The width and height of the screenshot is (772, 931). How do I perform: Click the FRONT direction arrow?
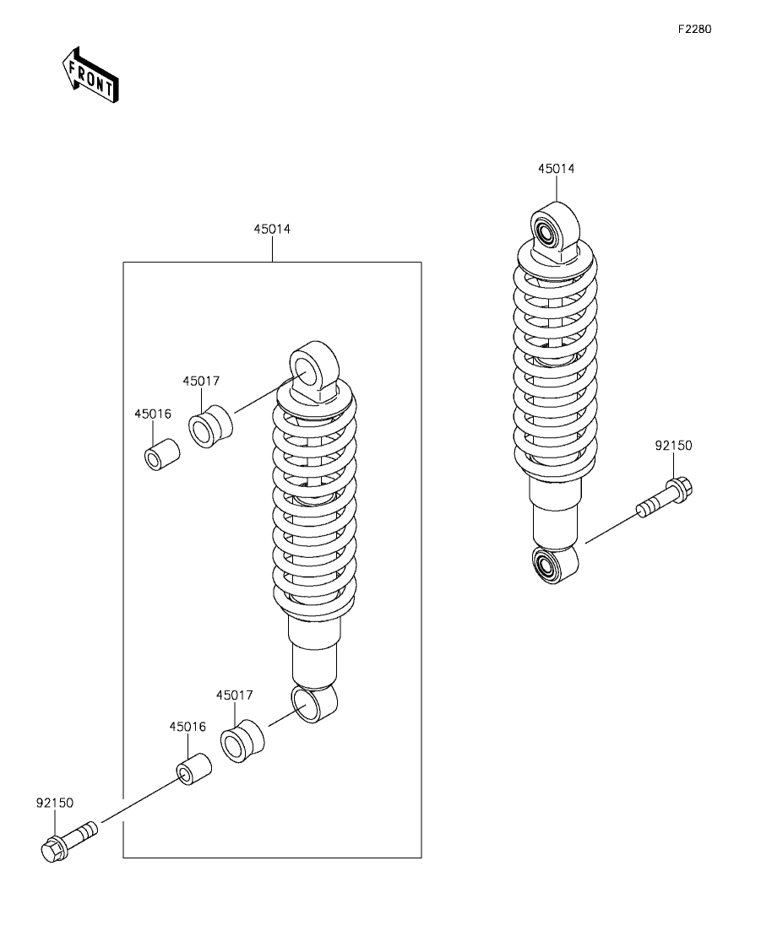(90, 75)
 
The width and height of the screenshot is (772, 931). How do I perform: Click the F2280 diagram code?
(694, 29)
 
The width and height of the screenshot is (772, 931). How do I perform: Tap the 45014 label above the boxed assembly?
(272, 229)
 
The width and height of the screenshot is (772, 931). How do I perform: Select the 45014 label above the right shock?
(556, 169)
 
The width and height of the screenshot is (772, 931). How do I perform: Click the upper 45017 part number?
(201, 381)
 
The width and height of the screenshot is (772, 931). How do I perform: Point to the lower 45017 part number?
(234, 695)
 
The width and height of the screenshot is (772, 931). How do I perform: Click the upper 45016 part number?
(153, 414)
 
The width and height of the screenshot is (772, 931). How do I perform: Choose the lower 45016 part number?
(188, 726)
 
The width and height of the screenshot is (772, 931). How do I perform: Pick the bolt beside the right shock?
(664, 498)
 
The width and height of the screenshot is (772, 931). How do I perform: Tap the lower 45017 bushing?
(242, 741)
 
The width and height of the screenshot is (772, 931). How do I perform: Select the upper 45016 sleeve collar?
(160, 452)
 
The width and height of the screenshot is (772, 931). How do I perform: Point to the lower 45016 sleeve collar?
(193, 767)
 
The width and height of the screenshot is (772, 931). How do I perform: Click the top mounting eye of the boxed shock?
(313, 367)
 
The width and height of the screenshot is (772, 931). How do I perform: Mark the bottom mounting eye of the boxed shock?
(313, 703)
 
